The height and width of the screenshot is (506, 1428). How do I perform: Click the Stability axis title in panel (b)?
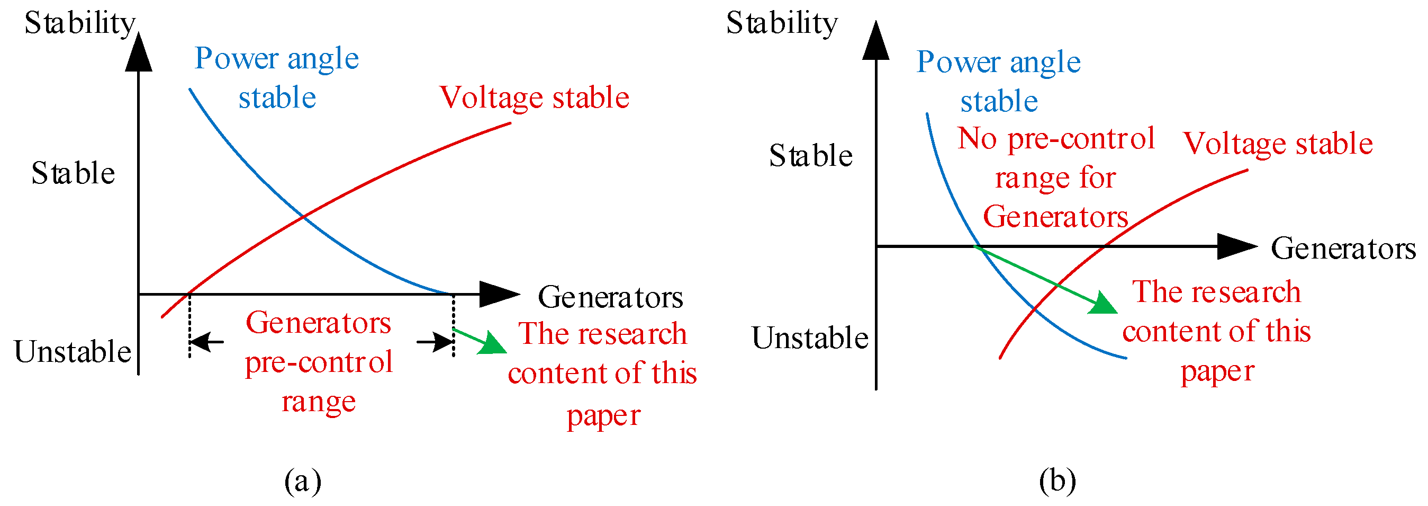pyautogui.click(x=781, y=24)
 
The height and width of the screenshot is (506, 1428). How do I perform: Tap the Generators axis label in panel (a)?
pyautogui.click(x=610, y=297)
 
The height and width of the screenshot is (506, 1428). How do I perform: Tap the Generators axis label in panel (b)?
pyautogui.click(x=1343, y=248)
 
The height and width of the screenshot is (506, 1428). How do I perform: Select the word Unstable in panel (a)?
pyautogui.click(x=72, y=352)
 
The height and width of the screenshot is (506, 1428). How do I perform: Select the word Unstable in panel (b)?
pyautogui.click(x=809, y=338)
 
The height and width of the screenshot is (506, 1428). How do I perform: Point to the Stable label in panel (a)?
pyautogui.click(x=73, y=173)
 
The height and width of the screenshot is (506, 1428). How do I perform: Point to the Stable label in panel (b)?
pyautogui.click(x=810, y=156)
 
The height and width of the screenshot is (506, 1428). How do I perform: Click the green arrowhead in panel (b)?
pyautogui.click(x=1103, y=304)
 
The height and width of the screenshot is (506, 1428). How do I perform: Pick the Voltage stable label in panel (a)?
pyautogui.click(x=534, y=97)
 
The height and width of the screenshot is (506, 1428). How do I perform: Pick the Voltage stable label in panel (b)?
pyautogui.click(x=1278, y=144)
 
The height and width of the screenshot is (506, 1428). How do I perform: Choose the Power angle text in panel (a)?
pyautogui.click(x=276, y=59)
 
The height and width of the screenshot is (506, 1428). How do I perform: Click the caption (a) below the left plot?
pyautogui.click(x=302, y=481)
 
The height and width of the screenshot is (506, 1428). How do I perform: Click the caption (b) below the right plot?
pyautogui.click(x=1057, y=481)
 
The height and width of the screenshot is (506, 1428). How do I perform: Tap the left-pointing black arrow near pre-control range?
pyautogui.click(x=206, y=342)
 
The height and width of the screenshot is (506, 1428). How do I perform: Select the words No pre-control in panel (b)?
pyautogui.click(x=1055, y=138)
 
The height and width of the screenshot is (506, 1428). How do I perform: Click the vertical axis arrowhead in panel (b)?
pyautogui.click(x=876, y=42)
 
